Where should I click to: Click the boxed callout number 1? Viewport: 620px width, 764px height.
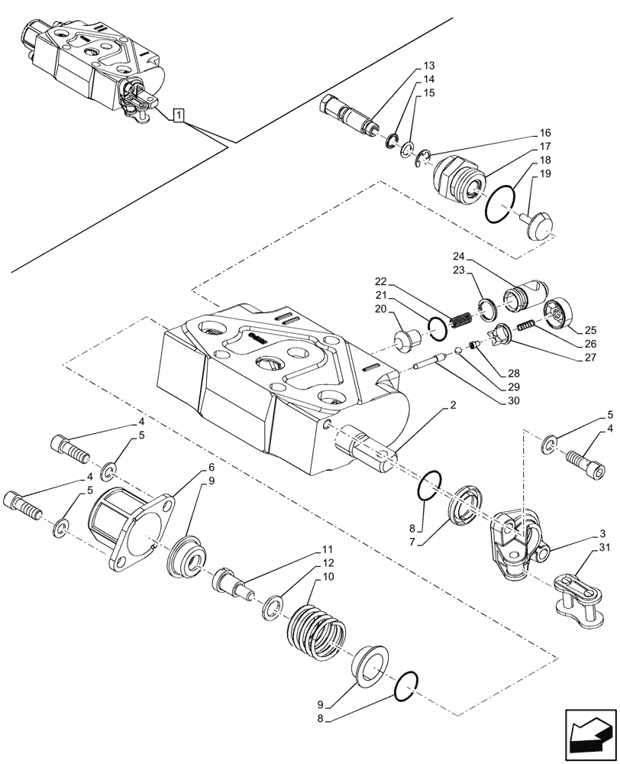178,115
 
